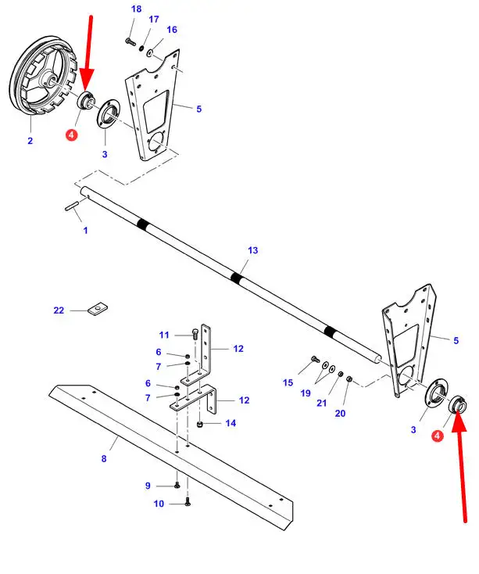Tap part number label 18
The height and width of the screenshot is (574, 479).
pos(137,9)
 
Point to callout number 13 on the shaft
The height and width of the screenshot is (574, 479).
pos(252,250)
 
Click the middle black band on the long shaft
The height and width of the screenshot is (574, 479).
pos(236,277)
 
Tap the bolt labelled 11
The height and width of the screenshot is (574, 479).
pos(192,334)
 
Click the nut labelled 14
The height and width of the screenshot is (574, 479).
pos(200,423)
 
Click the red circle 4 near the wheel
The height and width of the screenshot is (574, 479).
pos(72,135)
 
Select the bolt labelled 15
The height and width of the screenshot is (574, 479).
pos(314,361)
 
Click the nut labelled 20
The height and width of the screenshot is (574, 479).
pos(350,381)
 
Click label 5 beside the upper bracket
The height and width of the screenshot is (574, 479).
pos(198,109)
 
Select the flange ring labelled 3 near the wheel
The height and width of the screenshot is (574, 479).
pos(106,117)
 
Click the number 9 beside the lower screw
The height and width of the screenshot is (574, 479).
pos(148,486)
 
